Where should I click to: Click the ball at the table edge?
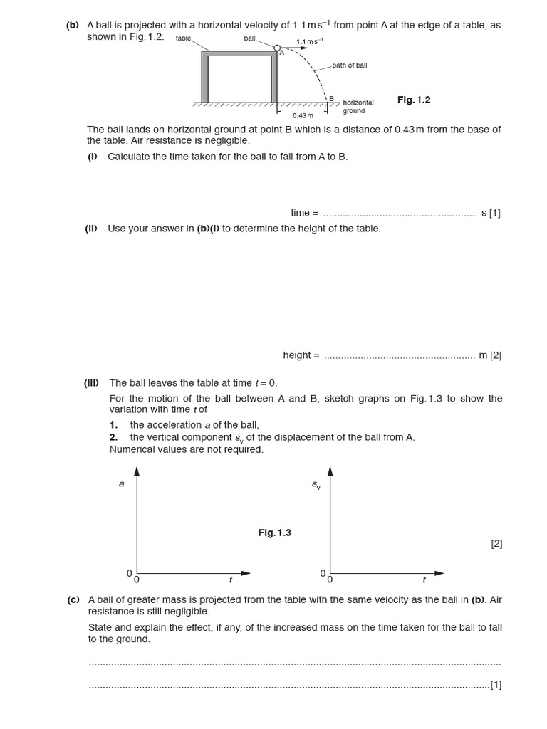(277, 48)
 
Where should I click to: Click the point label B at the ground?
(331, 98)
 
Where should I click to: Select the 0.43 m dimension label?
(303, 115)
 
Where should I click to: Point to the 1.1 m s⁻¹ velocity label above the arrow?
(309, 41)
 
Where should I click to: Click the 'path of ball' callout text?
(349, 65)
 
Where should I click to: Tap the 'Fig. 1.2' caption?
(414, 100)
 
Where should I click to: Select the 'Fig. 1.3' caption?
(274, 533)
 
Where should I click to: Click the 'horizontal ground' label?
(358, 107)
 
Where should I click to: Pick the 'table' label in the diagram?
(183, 38)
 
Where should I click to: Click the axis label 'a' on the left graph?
(121, 483)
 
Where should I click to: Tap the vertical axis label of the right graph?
(316, 485)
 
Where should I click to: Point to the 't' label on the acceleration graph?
(230, 580)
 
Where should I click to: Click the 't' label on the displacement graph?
(424, 580)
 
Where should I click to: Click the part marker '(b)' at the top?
(73, 25)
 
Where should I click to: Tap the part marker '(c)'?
(73, 600)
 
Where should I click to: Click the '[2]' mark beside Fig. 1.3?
(496, 544)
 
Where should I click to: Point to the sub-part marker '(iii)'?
(92, 382)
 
